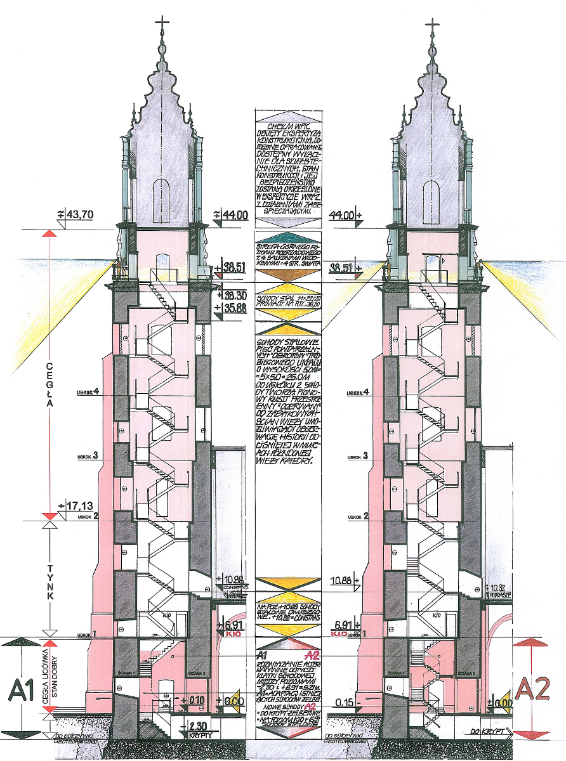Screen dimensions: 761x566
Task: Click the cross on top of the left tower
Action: (163, 26)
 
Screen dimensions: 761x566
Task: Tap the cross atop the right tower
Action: (433, 26)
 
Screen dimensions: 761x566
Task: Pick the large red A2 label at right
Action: (534, 689)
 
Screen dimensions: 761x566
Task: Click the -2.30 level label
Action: (194, 725)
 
